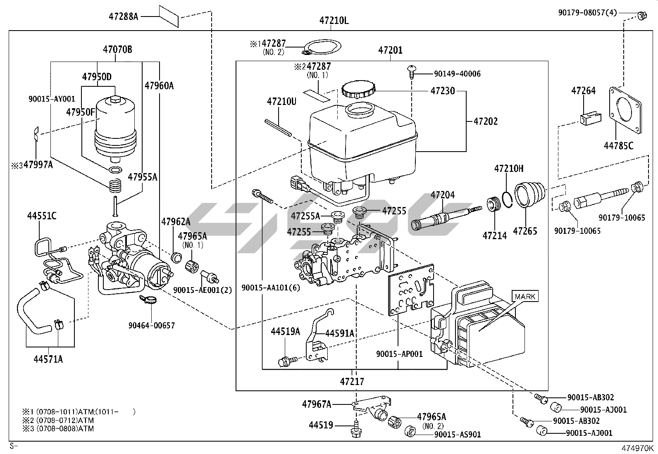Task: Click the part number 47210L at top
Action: (x=334, y=21)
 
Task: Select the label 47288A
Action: (x=123, y=17)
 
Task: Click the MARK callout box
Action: (x=525, y=296)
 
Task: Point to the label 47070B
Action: (x=117, y=50)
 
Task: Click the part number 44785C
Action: (x=618, y=145)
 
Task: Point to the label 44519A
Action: (x=285, y=331)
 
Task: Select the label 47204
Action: (x=443, y=195)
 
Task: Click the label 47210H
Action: (x=509, y=169)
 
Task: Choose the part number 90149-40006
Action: (x=457, y=74)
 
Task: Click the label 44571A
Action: (x=48, y=359)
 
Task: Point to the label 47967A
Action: (x=317, y=404)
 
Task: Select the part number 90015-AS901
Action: (x=458, y=434)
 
